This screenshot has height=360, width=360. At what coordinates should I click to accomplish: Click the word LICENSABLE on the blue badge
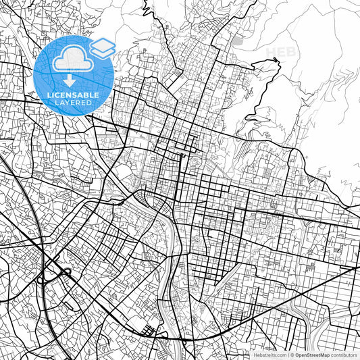click(73, 95)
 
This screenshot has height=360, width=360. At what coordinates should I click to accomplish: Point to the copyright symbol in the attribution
click(292, 355)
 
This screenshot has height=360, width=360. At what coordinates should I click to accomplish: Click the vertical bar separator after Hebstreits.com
click(287, 355)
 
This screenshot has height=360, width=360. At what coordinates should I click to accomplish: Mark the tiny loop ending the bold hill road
click(276, 61)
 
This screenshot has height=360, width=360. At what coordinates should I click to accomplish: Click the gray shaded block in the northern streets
click(236, 41)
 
